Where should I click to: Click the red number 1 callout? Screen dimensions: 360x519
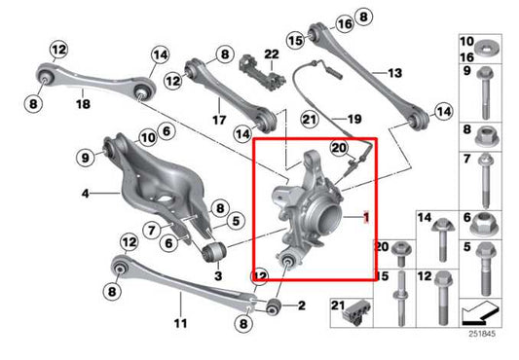click(x=366, y=217)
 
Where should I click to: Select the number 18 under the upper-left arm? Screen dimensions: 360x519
click(x=83, y=103)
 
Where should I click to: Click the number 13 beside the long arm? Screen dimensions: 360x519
click(x=395, y=72)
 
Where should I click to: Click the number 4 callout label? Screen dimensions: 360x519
click(x=87, y=194)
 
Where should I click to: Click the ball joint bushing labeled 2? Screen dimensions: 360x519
click(x=274, y=308)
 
